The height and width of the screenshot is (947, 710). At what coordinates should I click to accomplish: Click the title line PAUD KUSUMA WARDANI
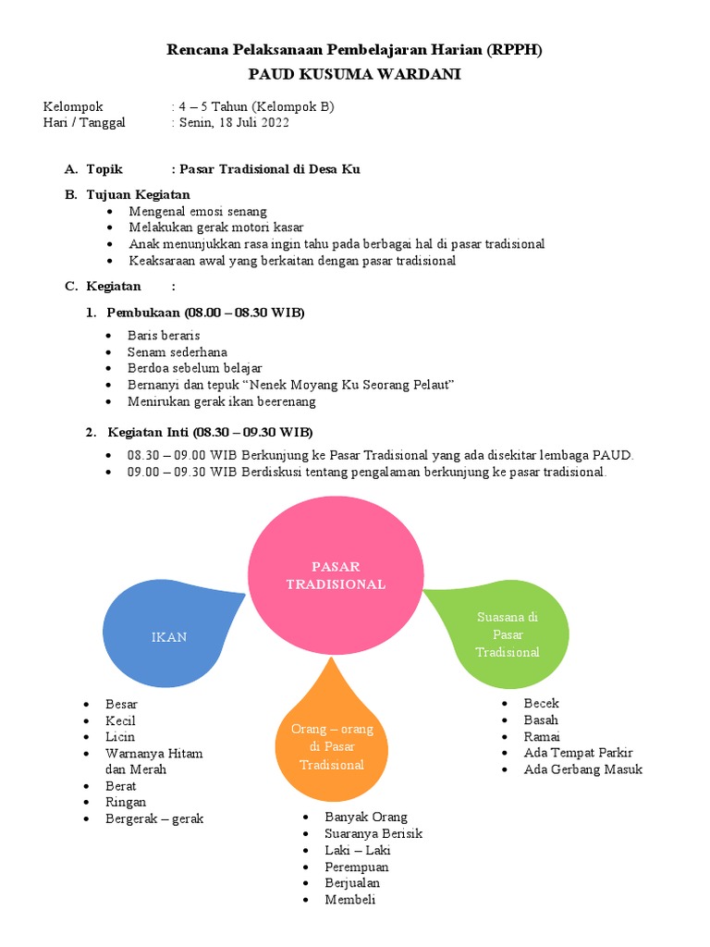[x=354, y=74]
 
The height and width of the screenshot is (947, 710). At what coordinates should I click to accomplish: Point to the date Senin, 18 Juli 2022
[x=232, y=122]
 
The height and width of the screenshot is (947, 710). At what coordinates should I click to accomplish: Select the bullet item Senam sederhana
[x=177, y=352]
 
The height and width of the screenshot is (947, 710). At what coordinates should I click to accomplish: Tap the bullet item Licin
[x=120, y=737]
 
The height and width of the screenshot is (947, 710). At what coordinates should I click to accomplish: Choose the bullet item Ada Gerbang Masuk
[x=582, y=769]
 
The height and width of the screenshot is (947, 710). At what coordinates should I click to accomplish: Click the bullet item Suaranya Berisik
[x=373, y=834]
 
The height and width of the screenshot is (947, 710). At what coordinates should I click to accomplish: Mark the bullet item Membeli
[x=350, y=900]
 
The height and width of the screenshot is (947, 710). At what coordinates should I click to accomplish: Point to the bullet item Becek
[x=541, y=704]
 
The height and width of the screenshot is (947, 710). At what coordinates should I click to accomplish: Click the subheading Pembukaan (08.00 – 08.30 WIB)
[x=205, y=313]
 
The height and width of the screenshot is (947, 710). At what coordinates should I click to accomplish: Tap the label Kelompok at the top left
[x=73, y=106]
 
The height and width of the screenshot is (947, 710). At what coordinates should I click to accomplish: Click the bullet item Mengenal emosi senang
[x=198, y=211]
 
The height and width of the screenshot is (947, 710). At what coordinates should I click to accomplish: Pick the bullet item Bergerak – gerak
[x=154, y=818]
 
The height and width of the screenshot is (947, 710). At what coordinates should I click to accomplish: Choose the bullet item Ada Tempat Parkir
[x=578, y=753]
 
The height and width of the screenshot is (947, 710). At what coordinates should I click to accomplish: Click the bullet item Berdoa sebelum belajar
[x=195, y=368]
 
